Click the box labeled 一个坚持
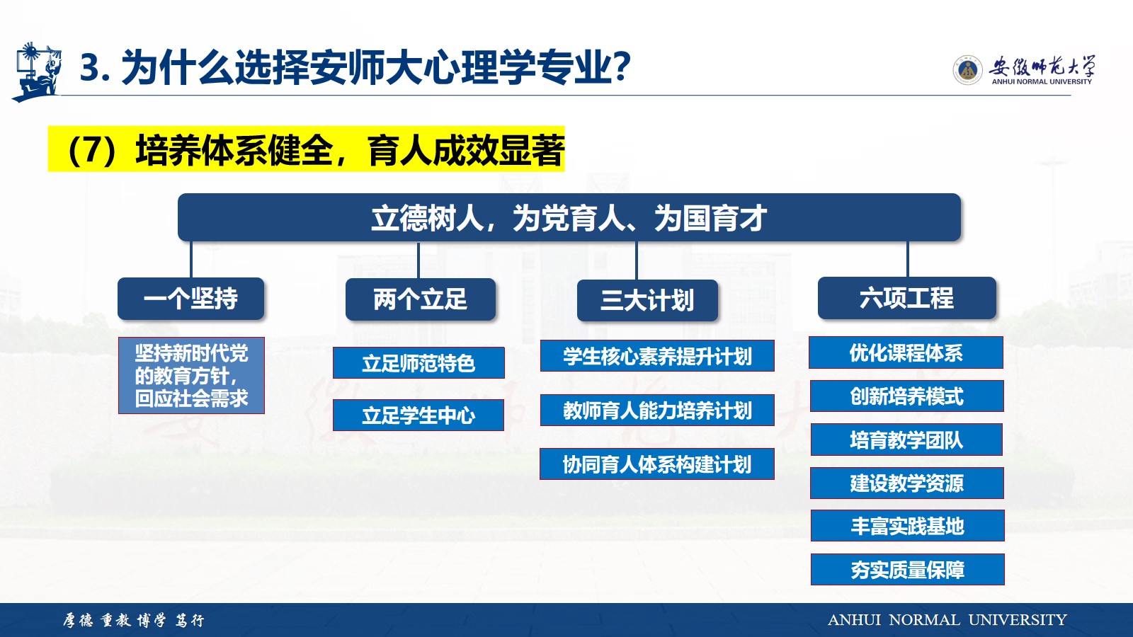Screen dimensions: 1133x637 coord(190,298)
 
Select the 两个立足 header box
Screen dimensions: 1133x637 coord(421,299)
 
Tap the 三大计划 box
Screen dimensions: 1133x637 coord(647,300)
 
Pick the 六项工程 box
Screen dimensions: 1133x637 coord(907,298)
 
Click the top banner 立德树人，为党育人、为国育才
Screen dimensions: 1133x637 coord(569,217)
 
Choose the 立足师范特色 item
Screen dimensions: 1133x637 coord(419,362)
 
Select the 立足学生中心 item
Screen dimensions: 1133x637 coord(419,415)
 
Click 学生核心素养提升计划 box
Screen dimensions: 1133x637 coord(657,356)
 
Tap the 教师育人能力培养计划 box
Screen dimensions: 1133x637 coord(657,410)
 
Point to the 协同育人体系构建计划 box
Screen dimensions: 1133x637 coord(657,464)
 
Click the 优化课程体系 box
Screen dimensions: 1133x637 coord(906,352)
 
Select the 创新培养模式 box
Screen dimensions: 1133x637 coord(907,396)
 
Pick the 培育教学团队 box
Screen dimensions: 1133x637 coord(906,440)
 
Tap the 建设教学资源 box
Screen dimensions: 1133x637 coord(907,483)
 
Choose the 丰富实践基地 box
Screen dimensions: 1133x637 coord(907,526)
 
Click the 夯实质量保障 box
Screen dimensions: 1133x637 coord(907,569)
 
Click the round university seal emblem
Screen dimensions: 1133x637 coord(967,70)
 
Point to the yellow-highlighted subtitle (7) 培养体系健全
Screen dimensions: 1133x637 coord(306,149)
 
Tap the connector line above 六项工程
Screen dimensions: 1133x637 coord(907,259)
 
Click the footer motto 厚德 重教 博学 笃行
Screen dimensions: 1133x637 coord(134,620)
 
